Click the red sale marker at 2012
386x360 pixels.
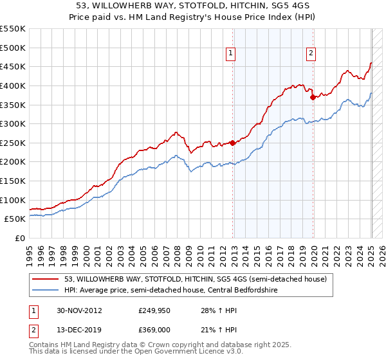pos(232,143)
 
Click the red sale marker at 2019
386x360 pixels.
pos(313,97)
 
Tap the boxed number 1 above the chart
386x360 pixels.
pos(230,54)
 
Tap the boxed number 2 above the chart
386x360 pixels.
pos(311,54)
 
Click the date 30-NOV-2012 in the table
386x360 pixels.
pos(78,310)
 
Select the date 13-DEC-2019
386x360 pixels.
pos(78,330)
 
